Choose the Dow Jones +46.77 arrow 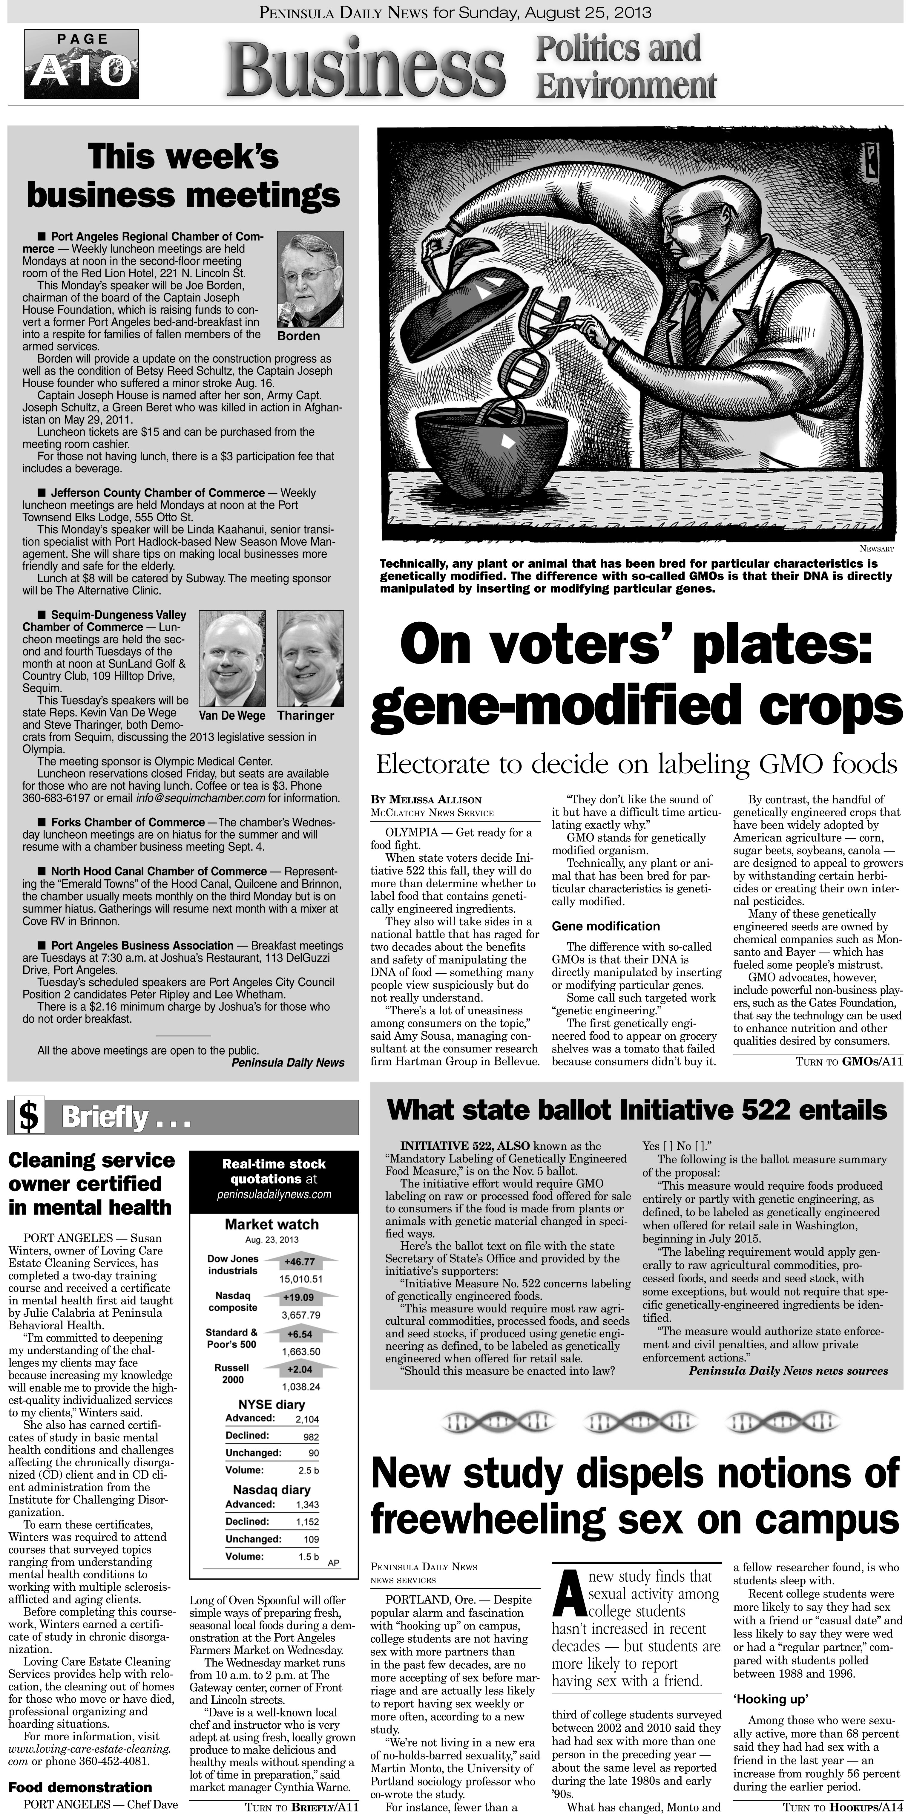tap(300, 1261)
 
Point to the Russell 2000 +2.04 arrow tap(300, 1370)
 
